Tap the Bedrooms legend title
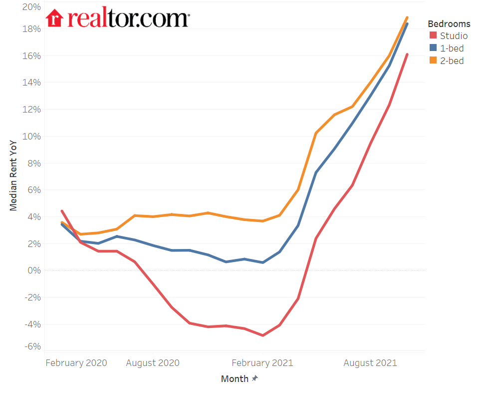[x=449, y=24]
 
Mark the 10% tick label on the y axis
[x=31, y=136]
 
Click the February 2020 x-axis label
[x=76, y=363]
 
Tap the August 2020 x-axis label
[x=153, y=363]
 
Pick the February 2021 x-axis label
[x=262, y=363]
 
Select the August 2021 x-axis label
[x=370, y=363]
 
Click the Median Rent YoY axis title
[x=14, y=176]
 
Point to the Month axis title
[x=235, y=379]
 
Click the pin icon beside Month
[x=255, y=378]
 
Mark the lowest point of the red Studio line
[x=262, y=335]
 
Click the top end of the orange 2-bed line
[x=407, y=17]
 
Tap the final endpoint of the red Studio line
[x=407, y=54]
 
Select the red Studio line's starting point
[x=62, y=211]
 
